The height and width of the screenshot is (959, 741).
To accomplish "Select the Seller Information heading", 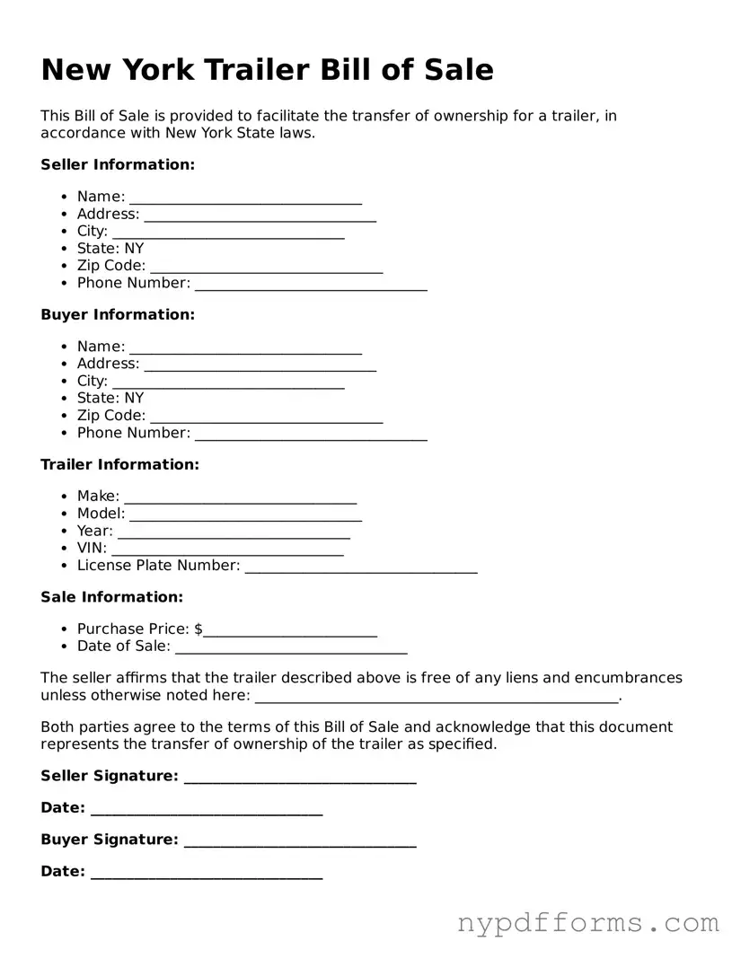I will [118, 165].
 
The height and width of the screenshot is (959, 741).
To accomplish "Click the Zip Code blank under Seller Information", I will [266, 267].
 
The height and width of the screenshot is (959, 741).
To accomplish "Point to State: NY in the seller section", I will [110, 249].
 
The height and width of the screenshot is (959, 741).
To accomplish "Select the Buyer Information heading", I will [118, 315].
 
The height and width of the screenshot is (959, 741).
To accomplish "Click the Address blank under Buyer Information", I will [260, 365].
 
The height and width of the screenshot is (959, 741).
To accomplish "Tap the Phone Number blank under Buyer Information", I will [311, 434].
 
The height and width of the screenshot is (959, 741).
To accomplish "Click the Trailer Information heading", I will [119, 465].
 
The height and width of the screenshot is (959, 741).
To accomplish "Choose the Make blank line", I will [240, 497].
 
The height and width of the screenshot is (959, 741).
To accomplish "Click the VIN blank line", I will [227, 549].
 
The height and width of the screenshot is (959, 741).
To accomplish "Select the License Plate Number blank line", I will [360, 567].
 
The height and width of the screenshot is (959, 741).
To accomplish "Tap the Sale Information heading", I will [111, 597].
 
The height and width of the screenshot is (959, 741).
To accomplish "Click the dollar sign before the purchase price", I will [198, 630].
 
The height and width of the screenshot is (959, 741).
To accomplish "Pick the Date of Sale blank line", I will [291, 647].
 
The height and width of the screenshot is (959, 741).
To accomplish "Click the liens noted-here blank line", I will [437, 697].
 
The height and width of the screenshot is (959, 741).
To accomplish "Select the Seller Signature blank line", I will [300, 778].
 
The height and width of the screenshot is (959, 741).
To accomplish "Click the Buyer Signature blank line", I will [300, 841].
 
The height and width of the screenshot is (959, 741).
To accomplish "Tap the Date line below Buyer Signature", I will [206, 873].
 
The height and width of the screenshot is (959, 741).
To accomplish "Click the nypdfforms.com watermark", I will [588, 923].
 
